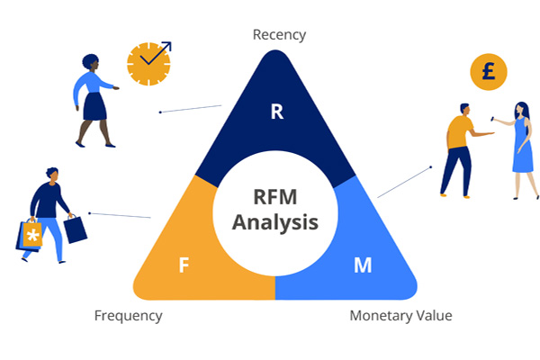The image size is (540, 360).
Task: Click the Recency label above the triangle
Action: (279, 35)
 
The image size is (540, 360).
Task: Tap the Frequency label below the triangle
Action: (129, 316)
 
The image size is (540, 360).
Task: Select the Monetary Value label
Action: (400, 316)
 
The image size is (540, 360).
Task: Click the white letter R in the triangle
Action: (277, 112)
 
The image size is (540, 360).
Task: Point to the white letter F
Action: (184, 265)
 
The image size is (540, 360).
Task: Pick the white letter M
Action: (363, 265)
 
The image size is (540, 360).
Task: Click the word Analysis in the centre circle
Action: (275, 222)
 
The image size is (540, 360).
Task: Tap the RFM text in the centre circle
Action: (275, 197)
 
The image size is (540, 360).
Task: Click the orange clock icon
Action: (148, 64)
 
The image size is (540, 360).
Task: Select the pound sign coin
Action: (489, 72)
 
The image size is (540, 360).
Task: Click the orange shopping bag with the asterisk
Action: (32, 234)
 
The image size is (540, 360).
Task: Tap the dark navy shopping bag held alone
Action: (76, 229)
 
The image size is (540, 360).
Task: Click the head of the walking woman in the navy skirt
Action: (91, 62)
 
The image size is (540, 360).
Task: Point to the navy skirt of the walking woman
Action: (94, 106)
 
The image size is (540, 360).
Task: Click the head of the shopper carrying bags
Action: (53, 175)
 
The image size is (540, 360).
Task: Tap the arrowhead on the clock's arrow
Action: (167, 46)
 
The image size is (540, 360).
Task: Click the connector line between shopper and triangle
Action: (120, 215)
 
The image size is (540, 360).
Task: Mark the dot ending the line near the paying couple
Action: (430, 167)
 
